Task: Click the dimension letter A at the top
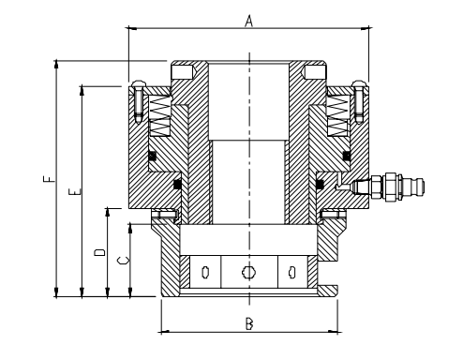pos(248,21)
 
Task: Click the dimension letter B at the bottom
pos(249,323)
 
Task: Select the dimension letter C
pos(124,261)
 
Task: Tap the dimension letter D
pos(100,252)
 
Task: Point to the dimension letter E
pos(75,191)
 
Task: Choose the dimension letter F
pos(49,179)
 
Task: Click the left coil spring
pos(160,115)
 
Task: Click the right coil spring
pos(337,115)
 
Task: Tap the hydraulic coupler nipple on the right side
pos(387,187)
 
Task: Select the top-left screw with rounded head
pos(139,101)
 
